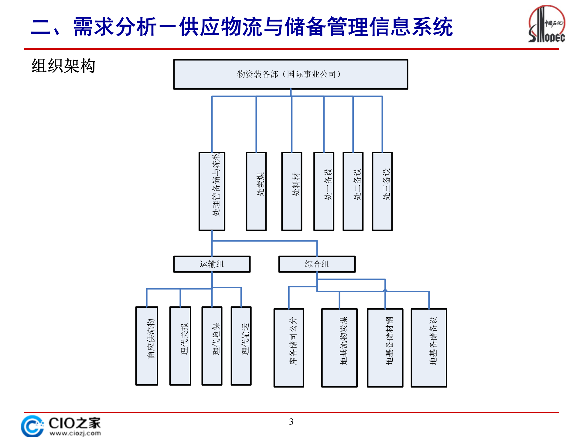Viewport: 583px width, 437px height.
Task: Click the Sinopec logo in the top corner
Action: pos(547,24)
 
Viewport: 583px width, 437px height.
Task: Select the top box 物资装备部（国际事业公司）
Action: pos(291,74)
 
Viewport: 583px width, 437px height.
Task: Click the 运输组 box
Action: pos(212,264)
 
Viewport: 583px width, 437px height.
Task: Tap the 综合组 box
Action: pos(317,264)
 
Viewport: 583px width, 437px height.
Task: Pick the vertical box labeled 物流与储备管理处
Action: pos(212,191)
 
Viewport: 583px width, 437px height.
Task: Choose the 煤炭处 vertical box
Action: pos(256,191)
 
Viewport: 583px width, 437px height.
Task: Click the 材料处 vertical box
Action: pos(291,191)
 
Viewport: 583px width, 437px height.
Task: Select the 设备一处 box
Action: pos(324,191)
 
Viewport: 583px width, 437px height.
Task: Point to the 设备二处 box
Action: pos(353,191)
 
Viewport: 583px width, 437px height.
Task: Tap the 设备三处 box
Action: pos(382,191)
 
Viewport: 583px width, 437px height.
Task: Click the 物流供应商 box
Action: pos(147,346)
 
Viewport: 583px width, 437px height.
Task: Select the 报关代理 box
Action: pos(180,346)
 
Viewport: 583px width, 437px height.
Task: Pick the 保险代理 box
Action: pos(212,346)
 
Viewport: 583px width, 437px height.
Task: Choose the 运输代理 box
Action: pos(241,346)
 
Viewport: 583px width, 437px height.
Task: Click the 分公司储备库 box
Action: pos(289,348)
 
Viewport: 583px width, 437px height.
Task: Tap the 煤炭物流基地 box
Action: pos(339,348)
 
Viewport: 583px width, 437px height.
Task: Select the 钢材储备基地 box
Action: pos(385,348)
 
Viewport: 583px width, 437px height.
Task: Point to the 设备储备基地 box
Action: pos(429,348)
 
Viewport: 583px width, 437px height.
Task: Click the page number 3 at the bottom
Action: pos(291,422)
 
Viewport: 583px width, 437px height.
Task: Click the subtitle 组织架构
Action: pos(63,66)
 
